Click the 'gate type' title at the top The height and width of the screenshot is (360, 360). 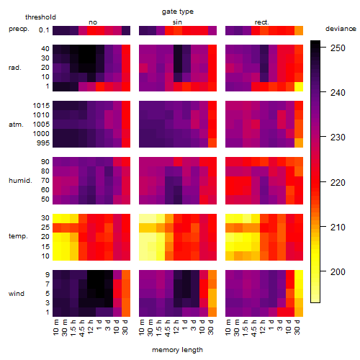click(x=178, y=12)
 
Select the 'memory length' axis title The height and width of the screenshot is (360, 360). click(x=177, y=350)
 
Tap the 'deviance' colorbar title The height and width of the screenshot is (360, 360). click(x=341, y=29)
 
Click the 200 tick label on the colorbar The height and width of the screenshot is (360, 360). click(x=338, y=272)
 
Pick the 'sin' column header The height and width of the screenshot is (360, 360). click(x=177, y=22)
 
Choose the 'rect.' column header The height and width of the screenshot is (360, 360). click(x=261, y=22)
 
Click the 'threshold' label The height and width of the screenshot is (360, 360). click(x=40, y=17)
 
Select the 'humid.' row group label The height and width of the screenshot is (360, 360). click(x=20, y=181)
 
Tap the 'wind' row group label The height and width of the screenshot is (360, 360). click(x=17, y=294)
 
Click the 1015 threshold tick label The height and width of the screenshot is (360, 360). click(x=41, y=106)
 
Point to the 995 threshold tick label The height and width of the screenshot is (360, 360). click(x=43, y=143)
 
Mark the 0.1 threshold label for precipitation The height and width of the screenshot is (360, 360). click(x=44, y=30)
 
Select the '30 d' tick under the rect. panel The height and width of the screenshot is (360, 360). click(x=297, y=327)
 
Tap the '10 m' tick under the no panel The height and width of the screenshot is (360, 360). click(x=56, y=328)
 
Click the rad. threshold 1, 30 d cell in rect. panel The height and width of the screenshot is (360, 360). click(x=299, y=86)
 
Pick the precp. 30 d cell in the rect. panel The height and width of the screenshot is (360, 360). click(x=299, y=30)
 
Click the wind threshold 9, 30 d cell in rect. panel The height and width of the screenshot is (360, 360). click(x=299, y=275)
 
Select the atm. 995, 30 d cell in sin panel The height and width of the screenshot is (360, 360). click(x=212, y=143)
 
